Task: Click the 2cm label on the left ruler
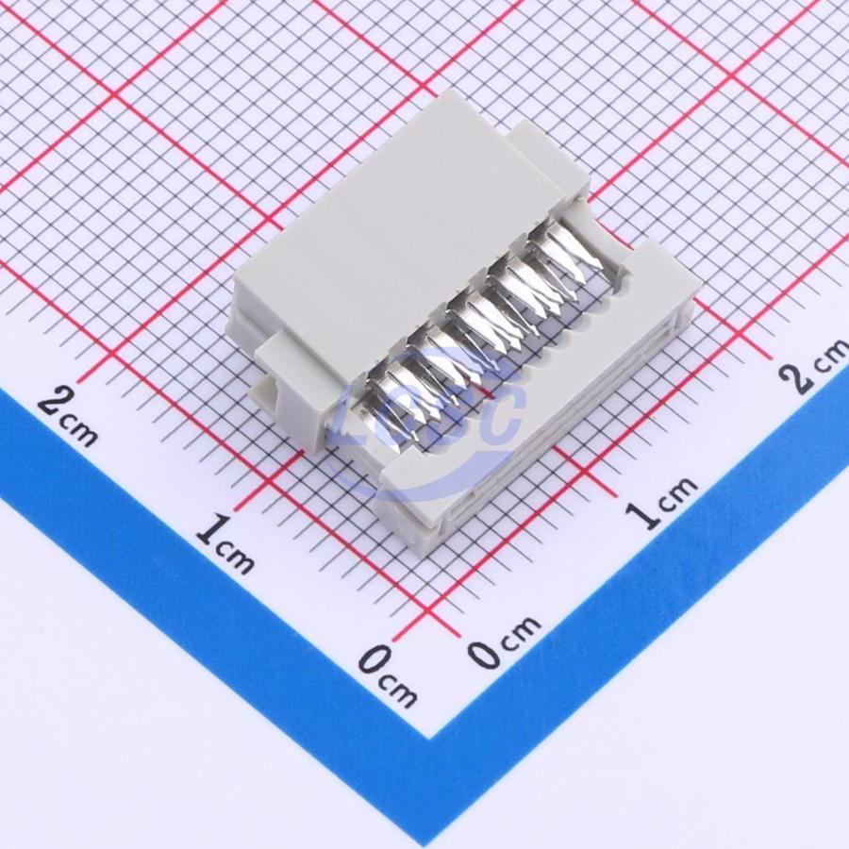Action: tap(69, 416)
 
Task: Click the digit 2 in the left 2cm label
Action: tap(55, 402)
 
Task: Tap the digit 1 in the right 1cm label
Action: tap(643, 514)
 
